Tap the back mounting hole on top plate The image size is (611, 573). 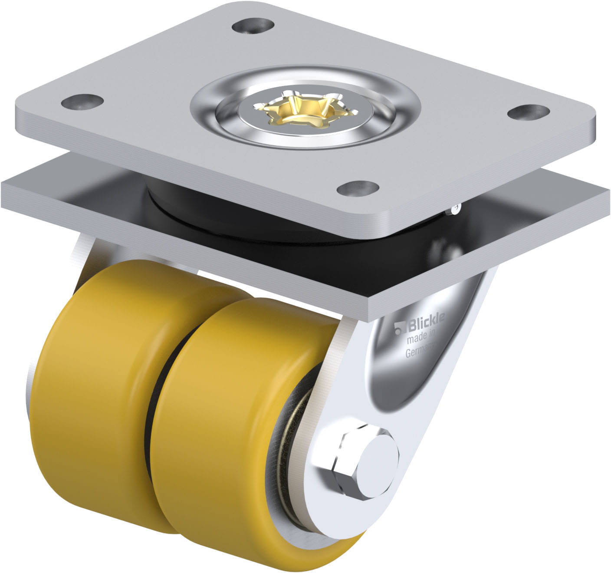coord(253,26)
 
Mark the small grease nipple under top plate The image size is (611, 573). coord(454,210)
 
